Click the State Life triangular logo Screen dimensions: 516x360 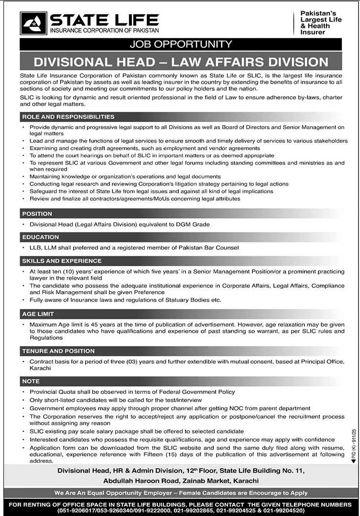coord(33,23)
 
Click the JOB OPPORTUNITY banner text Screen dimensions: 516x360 coord(180,44)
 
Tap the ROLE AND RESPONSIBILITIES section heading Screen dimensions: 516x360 coord(68,117)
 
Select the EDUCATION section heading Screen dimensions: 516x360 coord(41,237)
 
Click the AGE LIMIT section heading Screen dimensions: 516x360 coord(38,314)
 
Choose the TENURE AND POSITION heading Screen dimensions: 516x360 coord(58,351)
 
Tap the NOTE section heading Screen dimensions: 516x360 coord(31,382)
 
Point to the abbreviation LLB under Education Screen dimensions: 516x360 coord(35,248)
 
